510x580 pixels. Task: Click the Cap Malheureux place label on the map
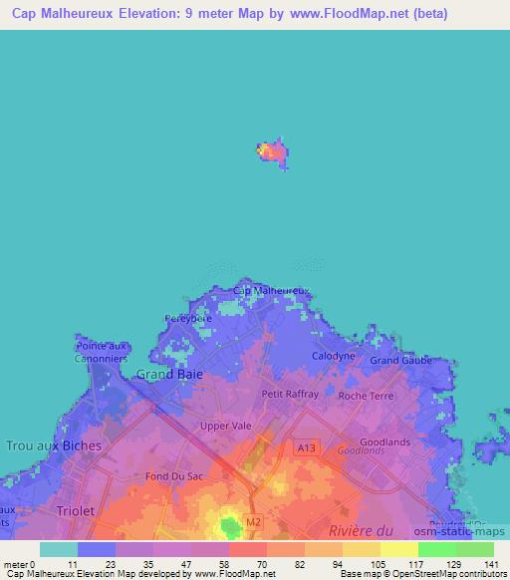tap(271, 290)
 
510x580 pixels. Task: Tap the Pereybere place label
tap(188, 320)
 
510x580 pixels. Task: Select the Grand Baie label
tap(169, 374)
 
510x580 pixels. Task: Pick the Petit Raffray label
tap(290, 394)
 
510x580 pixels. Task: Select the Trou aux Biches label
tap(54, 445)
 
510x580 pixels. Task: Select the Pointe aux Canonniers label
tap(102, 352)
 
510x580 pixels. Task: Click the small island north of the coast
tap(273, 153)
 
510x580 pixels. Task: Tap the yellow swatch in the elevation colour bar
tap(399, 549)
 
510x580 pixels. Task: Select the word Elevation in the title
tap(139, 14)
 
